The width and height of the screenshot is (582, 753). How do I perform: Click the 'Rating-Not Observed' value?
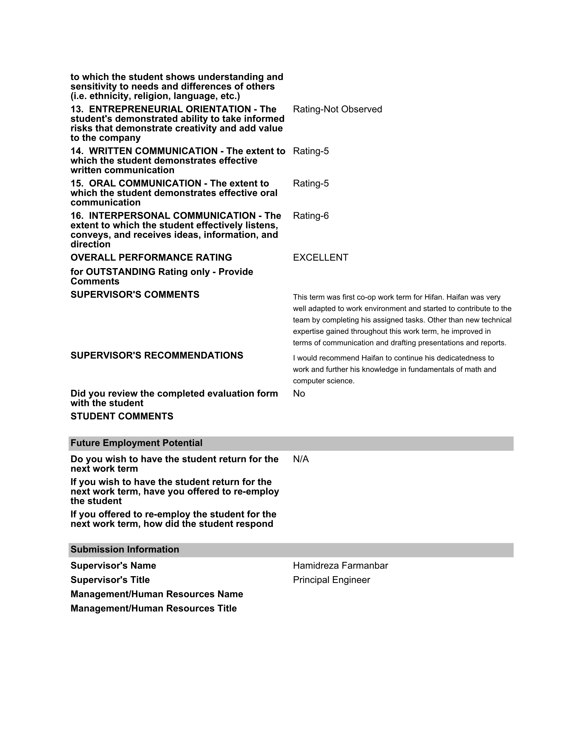tap(337, 109)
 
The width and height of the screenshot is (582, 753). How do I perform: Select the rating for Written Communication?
tap(311, 151)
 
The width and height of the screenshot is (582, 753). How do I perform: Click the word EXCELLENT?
tap(320, 258)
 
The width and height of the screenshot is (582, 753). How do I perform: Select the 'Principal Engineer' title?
tap(331, 580)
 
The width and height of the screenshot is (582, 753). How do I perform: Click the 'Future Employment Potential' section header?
tap(136, 443)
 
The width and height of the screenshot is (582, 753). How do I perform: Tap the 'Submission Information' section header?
tap(125, 550)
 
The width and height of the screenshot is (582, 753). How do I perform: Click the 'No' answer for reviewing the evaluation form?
tap(299, 394)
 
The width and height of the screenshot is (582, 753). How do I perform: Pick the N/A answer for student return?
tap(301, 459)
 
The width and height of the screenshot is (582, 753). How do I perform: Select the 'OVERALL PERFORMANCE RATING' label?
tap(151, 258)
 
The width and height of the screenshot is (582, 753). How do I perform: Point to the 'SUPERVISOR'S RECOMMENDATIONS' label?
tap(157, 356)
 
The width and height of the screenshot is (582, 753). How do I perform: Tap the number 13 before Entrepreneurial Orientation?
tap(76, 109)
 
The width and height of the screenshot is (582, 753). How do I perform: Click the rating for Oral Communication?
tap(311, 183)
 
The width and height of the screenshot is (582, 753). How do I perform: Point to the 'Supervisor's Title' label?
tap(110, 580)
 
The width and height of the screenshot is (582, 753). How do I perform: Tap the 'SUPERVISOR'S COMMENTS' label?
tap(135, 295)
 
